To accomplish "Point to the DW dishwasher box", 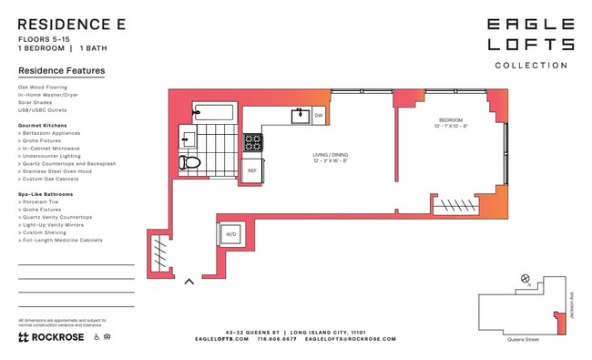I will pos(319,116).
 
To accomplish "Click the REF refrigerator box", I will pos(252,170).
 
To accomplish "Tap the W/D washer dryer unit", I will pos(230,234).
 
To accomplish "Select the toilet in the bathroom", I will pos(189,162).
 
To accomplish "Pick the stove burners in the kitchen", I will pos(252,143).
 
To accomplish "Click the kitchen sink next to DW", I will pos(301,116).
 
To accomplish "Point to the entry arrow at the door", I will pos(189,281).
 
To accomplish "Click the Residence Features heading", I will pos(61,70).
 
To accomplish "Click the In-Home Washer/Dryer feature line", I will pos(48,95).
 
